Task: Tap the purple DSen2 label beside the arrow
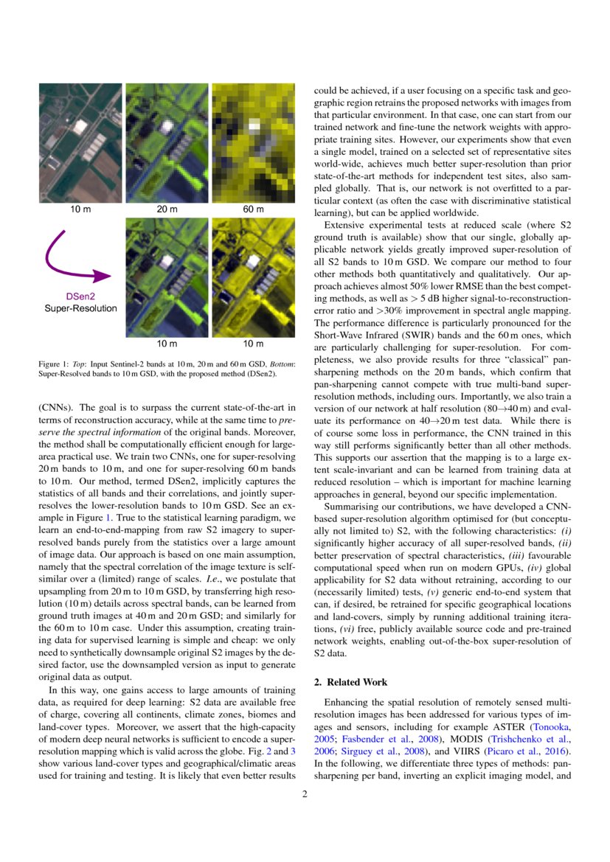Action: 81,296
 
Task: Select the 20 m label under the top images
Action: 167,209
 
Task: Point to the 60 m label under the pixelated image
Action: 253,209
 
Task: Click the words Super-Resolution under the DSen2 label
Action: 81,308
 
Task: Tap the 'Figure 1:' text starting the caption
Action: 55,364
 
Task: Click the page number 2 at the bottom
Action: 304,794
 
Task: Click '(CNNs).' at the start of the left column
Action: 55,406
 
